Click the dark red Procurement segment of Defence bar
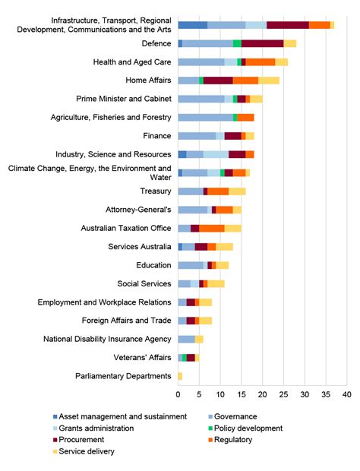click(262, 43)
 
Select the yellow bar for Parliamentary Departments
click(180, 376)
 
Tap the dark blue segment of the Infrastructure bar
click(192, 25)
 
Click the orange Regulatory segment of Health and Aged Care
click(261, 62)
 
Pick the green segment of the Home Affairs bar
click(201, 81)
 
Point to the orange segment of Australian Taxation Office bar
click(212, 228)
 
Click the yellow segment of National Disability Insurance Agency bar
click(199, 339)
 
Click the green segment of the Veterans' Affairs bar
click(185, 357)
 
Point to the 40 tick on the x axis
click(347, 395)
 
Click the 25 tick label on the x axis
click(284, 395)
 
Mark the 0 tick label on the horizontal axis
click(178, 395)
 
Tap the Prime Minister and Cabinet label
click(124, 99)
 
